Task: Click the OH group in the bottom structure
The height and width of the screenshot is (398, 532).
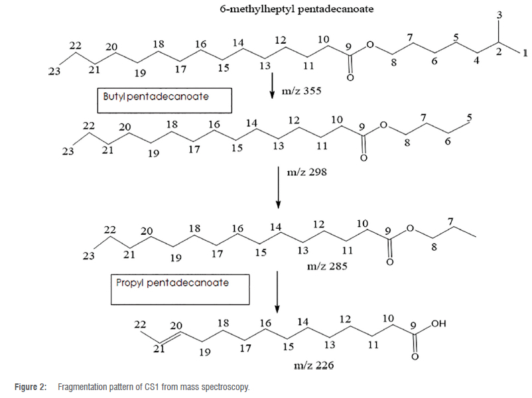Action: (x=439, y=324)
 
